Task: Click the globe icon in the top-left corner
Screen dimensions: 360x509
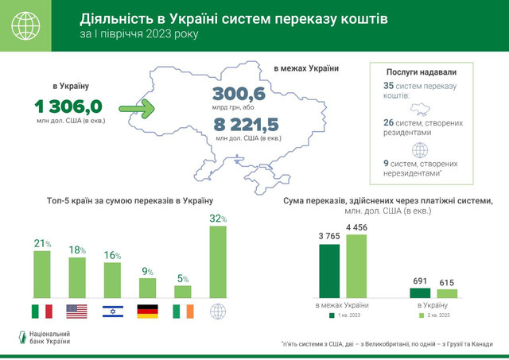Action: coord(26,26)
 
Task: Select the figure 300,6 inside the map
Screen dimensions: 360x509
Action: coord(239,95)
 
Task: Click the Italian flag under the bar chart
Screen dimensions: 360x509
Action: coord(41,311)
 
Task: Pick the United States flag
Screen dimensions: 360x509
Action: coord(76,311)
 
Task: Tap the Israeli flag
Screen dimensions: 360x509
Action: coord(112,311)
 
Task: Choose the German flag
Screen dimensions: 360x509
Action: coord(147,311)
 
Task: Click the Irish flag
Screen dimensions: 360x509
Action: coord(183,311)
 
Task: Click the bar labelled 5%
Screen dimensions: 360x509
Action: coord(183,291)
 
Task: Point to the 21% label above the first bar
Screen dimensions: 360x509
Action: coord(41,243)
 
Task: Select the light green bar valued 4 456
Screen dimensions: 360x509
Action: coord(356,266)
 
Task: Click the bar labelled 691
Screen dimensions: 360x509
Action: coord(420,292)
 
